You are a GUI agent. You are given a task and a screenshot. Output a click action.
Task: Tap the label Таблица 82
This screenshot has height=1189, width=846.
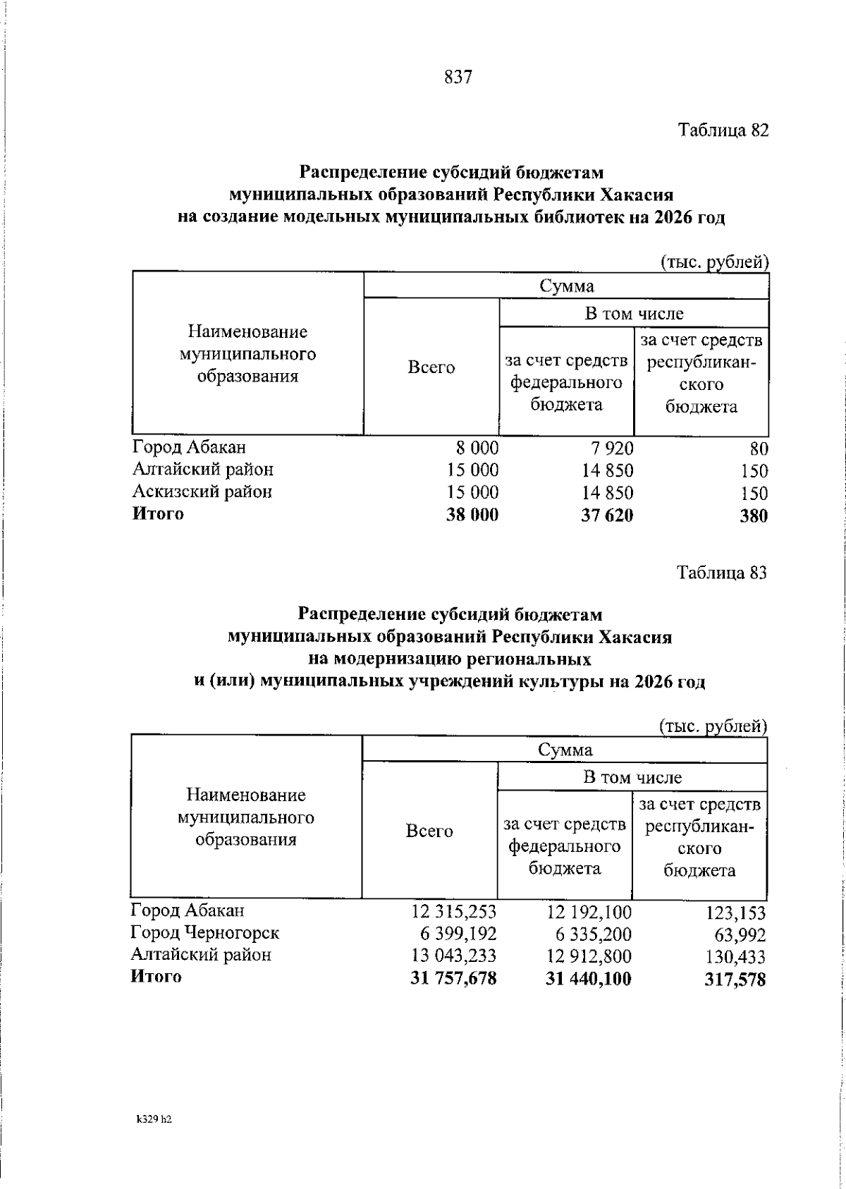point(723,130)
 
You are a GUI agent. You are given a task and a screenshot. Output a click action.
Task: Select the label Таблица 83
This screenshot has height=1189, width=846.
point(721,573)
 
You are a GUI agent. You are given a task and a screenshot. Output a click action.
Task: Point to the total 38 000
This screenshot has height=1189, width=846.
point(472,516)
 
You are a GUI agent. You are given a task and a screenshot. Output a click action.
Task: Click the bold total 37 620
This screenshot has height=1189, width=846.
point(607,516)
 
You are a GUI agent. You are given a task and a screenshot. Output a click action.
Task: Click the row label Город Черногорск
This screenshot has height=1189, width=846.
point(205,933)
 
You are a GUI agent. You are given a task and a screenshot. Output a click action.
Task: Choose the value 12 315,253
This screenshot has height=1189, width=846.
point(454,912)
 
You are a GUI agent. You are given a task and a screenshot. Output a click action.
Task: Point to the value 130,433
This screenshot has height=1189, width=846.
point(735,957)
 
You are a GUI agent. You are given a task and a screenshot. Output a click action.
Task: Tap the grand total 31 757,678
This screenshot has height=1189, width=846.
point(453,979)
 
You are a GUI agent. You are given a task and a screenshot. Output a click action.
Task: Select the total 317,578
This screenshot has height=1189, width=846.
point(735,980)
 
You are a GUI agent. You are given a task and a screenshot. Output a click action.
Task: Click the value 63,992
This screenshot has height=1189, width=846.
point(741,935)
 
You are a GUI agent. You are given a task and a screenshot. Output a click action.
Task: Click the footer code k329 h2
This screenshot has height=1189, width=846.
point(155,1099)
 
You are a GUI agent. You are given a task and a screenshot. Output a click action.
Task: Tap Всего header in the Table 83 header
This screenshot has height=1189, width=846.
point(429,831)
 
